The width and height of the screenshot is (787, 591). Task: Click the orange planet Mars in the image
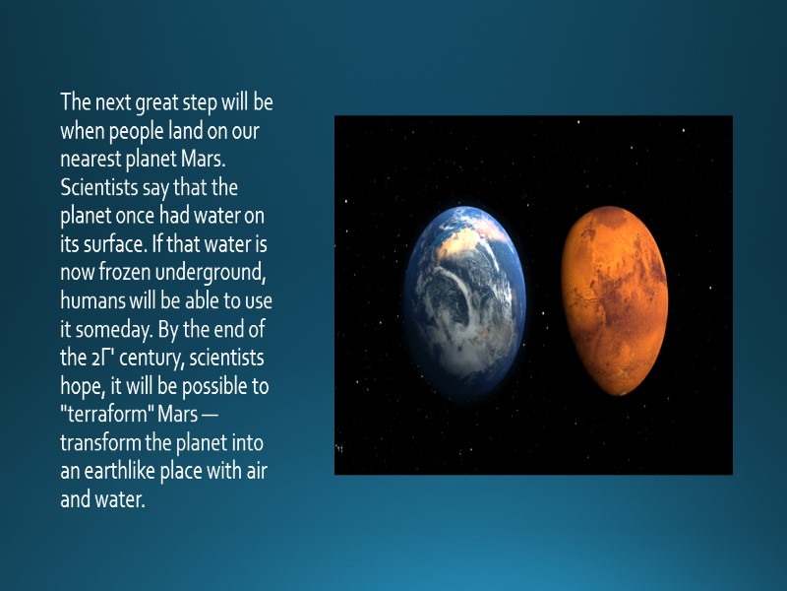pyautogui.click(x=614, y=299)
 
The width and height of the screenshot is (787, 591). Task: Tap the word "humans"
pyautogui.click(x=92, y=300)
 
